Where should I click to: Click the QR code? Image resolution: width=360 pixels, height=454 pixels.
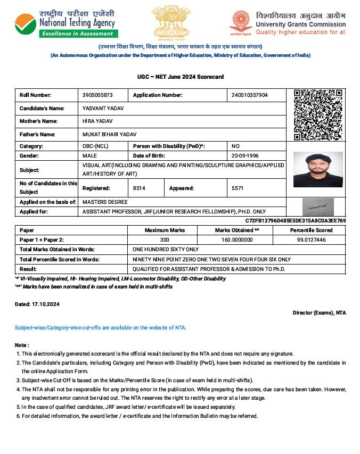coord(317,115)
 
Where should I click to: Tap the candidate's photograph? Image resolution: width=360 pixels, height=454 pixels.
coord(318,170)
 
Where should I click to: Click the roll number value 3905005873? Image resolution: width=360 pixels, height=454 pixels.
coord(98,95)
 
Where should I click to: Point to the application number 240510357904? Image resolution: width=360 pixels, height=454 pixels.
coord(250,95)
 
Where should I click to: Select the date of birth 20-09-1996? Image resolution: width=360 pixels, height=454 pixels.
coord(245,156)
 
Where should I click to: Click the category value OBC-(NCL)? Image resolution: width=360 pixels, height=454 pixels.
coord(96,146)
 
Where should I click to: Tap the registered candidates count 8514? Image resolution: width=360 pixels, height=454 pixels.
coord(139,188)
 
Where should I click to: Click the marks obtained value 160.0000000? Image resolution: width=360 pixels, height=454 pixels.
coord(238,240)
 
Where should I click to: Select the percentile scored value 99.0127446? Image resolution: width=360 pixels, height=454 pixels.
coord(312,240)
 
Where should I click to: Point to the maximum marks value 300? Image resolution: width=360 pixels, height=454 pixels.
coord(165,240)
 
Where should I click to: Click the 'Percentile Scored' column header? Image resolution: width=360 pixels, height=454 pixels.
coord(312,230)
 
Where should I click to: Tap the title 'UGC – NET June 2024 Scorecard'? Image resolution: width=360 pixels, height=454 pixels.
coord(180,77)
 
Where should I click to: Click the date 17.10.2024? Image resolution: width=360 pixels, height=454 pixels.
coord(45,304)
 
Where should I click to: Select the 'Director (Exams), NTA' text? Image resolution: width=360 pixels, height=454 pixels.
coord(319,313)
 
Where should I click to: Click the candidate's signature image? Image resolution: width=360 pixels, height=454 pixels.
coord(318,205)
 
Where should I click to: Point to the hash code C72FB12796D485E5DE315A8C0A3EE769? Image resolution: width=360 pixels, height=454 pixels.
coord(296,220)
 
